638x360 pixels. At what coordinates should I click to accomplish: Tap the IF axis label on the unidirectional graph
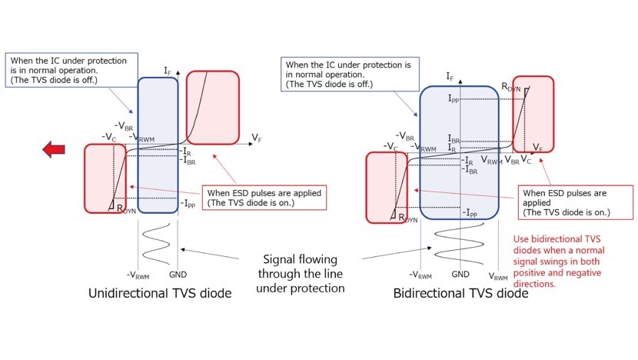[x=168, y=71]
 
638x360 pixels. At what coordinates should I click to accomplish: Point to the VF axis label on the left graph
[x=258, y=138]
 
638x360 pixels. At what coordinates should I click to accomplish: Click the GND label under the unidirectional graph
[x=179, y=275]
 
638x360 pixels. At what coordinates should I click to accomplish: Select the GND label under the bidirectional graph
[x=460, y=275]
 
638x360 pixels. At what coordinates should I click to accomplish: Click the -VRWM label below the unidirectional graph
[x=138, y=275]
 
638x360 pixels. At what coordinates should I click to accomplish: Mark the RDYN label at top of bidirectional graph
[x=511, y=88]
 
